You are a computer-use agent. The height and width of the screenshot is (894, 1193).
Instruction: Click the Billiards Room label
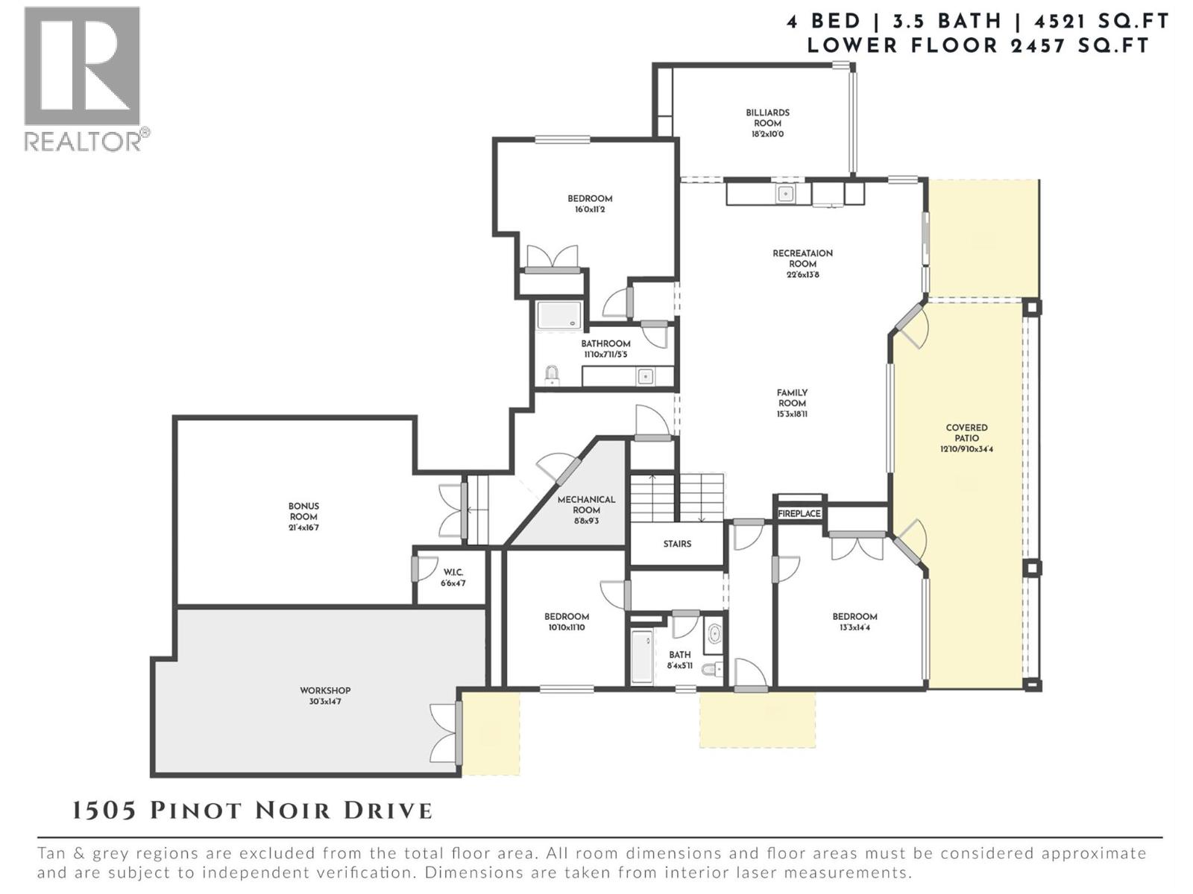coord(767,118)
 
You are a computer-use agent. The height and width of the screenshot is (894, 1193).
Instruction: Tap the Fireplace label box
coord(799,513)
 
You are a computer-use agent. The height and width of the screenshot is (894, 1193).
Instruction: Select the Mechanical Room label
coord(586,504)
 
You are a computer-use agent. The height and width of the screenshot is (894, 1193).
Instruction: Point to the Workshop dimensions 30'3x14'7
coord(325,702)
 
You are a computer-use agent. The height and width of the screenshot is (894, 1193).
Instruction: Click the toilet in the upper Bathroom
coord(552,375)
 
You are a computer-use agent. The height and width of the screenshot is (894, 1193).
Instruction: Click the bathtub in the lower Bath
coord(642,657)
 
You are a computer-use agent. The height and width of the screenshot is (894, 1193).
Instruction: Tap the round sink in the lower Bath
coord(714,634)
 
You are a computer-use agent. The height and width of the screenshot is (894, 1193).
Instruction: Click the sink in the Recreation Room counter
coord(784,194)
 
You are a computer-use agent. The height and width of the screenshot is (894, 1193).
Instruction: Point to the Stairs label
coord(677,544)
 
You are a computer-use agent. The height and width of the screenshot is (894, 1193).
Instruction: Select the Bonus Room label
coord(303,511)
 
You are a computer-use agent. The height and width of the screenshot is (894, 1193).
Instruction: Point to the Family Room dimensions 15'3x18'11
coord(792,414)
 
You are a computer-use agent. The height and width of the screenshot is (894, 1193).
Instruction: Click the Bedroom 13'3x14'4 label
coord(854,616)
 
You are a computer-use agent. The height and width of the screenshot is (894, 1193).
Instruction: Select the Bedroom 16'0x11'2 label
coord(590,198)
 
